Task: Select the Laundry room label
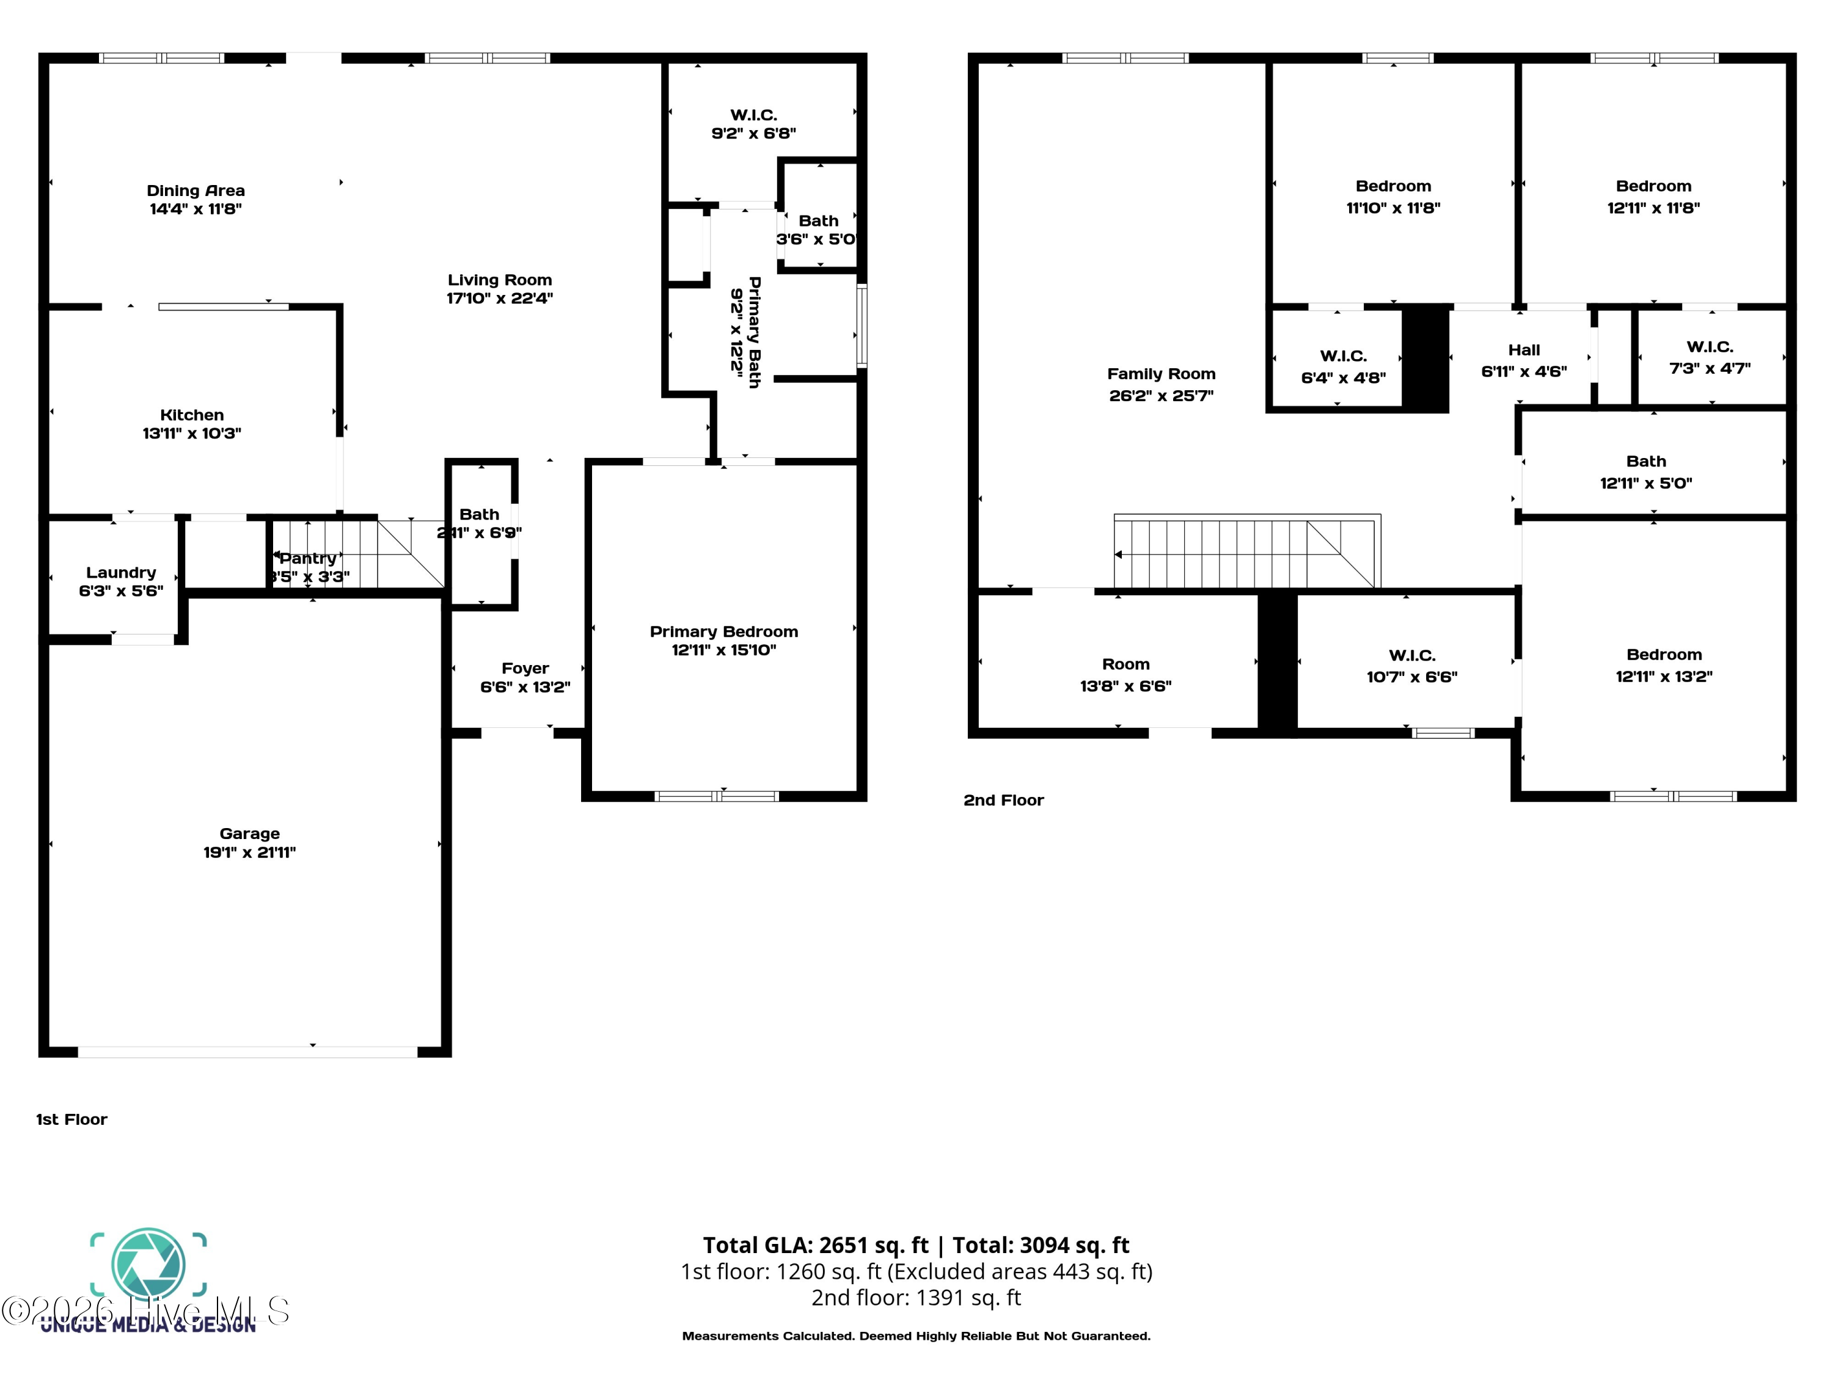coord(121,572)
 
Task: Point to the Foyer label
coord(524,668)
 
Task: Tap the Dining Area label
coord(196,191)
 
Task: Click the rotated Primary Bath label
coord(754,332)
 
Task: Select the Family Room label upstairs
coord(1161,374)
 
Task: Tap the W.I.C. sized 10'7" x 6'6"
coord(1411,666)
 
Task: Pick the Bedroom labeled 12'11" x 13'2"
coord(1663,665)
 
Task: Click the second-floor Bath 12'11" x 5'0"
coord(1645,472)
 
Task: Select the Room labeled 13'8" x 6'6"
coord(1125,675)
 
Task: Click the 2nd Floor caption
coord(1003,800)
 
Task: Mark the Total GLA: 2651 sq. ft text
coord(816,1245)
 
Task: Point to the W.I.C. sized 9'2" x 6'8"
coord(753,124)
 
